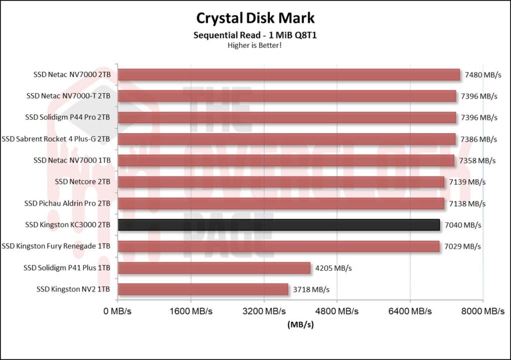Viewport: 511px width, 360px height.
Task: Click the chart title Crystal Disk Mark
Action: [x=255, y=18]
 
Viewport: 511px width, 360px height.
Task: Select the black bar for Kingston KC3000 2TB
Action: [x=278, y=225]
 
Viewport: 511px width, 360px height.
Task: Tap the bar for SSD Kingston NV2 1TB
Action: [x=203, y=289]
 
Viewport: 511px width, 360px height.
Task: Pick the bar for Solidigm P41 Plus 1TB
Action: [x=214, y=268]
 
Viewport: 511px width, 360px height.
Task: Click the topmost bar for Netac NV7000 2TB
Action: [x=288, y=75]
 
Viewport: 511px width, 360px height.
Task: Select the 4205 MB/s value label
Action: [x=333, y=268]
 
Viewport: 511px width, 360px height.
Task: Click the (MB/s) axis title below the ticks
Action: [x=300, y=324]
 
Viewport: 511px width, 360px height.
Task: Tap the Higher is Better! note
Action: [x=255, y=45]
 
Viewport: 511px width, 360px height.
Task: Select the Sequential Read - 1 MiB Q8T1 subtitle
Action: [x=255, y=35]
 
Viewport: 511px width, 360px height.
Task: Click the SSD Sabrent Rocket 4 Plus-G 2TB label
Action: [x=56, y=139]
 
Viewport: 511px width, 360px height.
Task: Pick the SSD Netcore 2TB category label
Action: [x=82, y=182]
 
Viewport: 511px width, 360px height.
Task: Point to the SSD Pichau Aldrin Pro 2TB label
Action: [x=67, y=203]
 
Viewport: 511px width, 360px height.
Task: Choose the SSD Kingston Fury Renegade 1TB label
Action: [x=56, y=246]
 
